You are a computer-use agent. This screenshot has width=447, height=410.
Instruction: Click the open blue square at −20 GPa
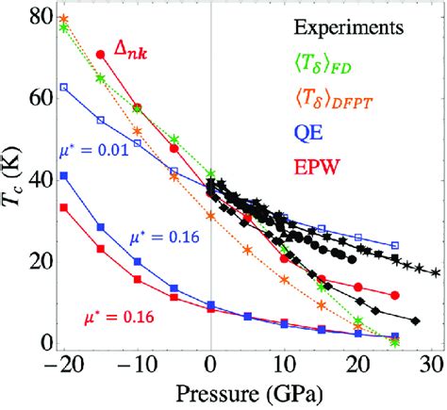coord(63,87)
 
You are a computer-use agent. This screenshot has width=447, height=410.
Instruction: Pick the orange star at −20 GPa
coord(63,18)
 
